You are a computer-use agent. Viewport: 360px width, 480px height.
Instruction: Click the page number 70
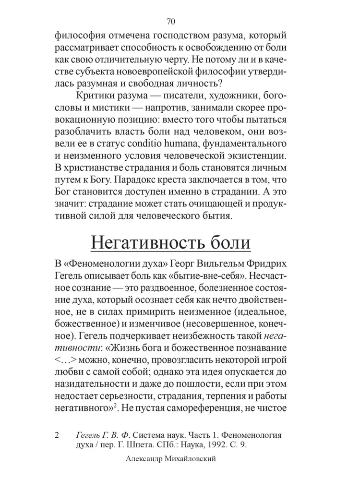pyautogui.click(x=170, y=21)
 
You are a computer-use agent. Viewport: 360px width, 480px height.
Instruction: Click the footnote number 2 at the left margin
pyautogui.click(x=57, y=435)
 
